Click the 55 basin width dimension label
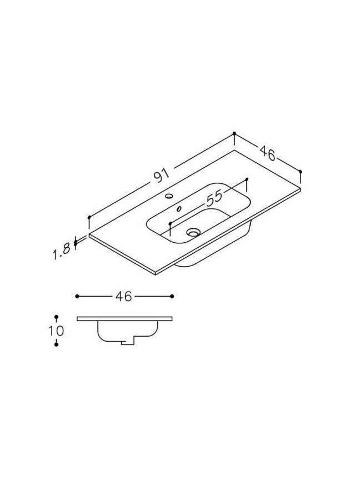click(214, 198)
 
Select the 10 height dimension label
click(56, 331)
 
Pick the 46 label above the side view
click(124, 296)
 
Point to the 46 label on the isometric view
click(268, 153)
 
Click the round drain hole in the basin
click(193, 233)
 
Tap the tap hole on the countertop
click(169, 196)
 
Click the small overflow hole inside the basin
click(178, 209)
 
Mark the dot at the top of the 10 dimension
click(56, 317)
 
